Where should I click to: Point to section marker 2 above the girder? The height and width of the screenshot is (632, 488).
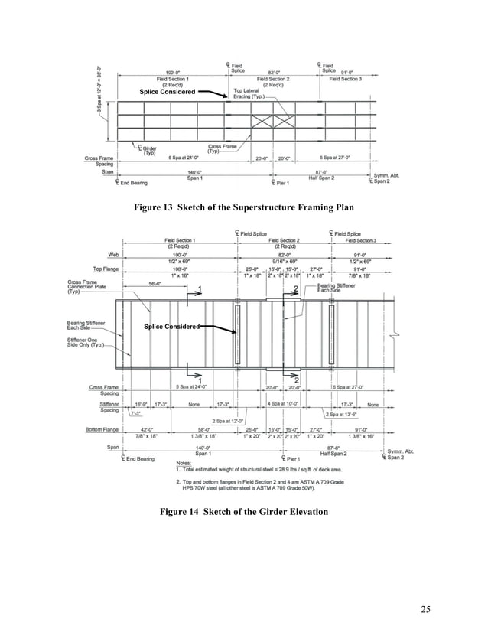295,288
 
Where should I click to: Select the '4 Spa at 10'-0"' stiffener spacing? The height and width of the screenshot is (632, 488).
284,403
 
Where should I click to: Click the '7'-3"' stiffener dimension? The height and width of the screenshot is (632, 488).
135,413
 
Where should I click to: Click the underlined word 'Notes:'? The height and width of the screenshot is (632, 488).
184,462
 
